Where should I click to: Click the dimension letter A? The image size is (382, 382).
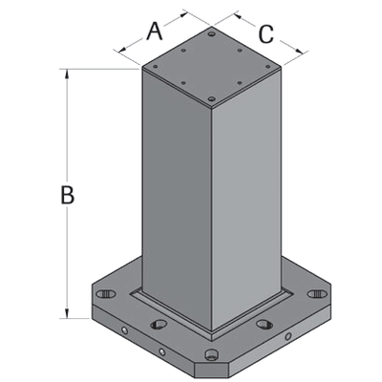click(154, 31)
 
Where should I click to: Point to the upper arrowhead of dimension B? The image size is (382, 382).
click(67, 74)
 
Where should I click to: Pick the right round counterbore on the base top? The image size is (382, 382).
click(265, 325)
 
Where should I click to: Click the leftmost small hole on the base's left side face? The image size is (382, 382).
click(123, 331)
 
